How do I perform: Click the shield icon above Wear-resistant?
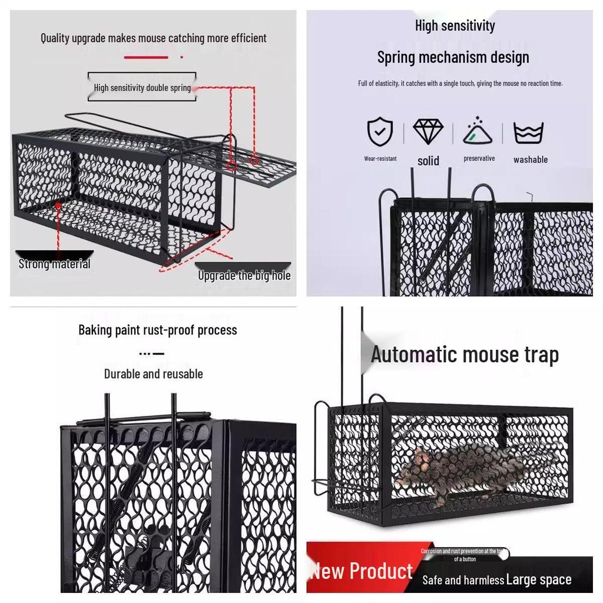380,132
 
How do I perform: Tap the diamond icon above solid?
428,132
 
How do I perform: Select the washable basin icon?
528,133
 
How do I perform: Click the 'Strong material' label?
54,264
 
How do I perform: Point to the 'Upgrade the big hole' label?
244,275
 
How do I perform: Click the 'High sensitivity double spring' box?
142,88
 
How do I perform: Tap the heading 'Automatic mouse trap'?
465,354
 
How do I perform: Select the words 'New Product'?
362,571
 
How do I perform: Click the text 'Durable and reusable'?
153,374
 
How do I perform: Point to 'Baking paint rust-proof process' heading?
158,330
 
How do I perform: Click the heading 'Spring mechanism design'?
453,58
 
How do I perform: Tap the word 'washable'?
530,160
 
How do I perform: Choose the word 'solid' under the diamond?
428,161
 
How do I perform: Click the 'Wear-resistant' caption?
380,158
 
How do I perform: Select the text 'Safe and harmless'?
463,580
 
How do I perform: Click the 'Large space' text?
539,579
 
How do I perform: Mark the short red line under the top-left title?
145,58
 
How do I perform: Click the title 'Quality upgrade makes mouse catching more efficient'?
153,38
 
